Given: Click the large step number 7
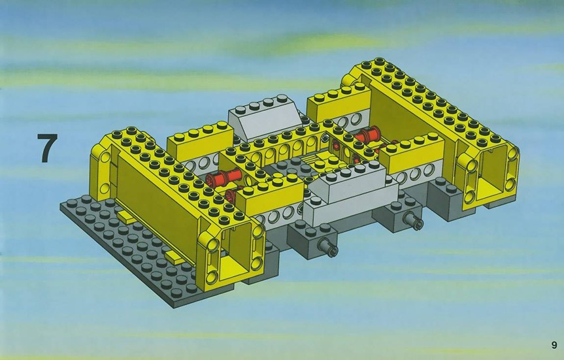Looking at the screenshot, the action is [47, 148].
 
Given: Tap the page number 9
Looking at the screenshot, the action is [554, 345].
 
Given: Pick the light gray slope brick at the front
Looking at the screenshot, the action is [351, 194].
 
